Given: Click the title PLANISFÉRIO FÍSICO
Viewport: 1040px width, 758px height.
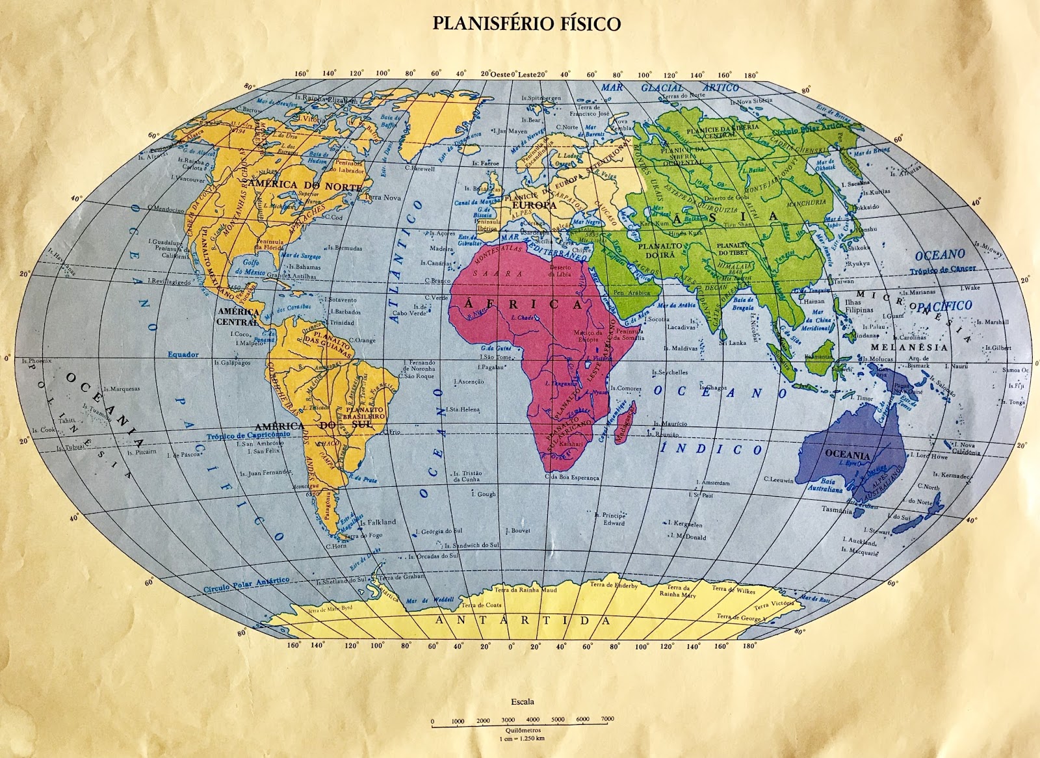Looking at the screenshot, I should (x=526, y=23).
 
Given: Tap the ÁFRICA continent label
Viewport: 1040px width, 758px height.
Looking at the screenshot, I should (x=523, y=304).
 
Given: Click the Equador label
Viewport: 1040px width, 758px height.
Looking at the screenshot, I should (x=183, y=355).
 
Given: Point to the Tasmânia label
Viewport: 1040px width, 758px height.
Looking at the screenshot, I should (x=837, y=510).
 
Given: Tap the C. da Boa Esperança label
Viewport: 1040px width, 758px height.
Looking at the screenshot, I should (x=571, y=477).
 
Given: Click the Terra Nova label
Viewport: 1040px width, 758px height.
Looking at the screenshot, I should (x=383, y=197).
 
